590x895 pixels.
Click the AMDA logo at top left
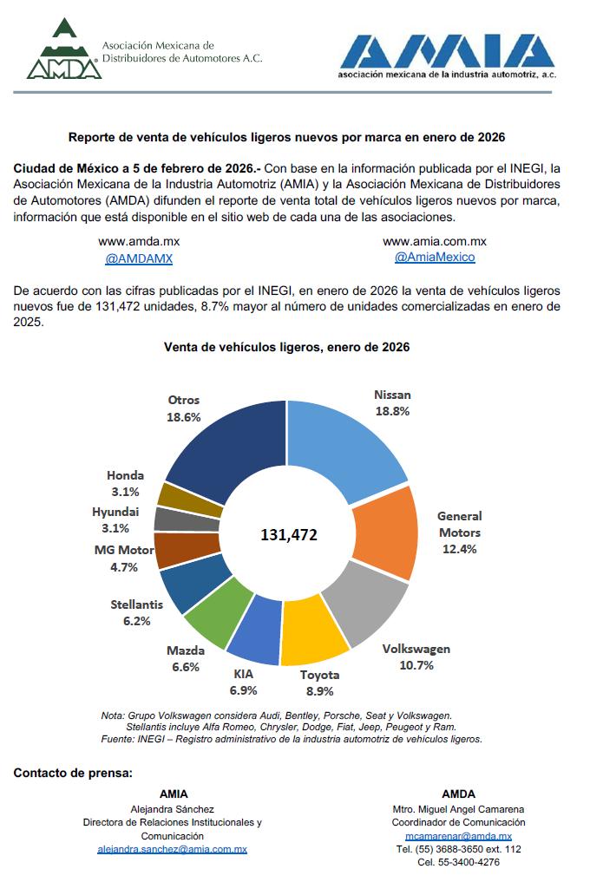point(64,49)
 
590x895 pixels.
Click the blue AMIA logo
point(446,54)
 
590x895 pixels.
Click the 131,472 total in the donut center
point(289,535)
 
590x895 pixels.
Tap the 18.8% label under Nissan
point(392,411)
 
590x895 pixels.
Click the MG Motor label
point(124,550)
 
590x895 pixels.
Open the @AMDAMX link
point(139,258)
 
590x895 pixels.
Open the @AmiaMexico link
point(435,258)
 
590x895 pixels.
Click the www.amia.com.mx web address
point(435,241)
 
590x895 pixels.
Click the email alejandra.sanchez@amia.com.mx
point(173,850)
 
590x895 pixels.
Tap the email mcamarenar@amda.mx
point(458,836)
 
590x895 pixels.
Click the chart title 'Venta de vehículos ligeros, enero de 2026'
point(287,347)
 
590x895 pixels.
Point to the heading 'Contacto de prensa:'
point(73,772)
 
